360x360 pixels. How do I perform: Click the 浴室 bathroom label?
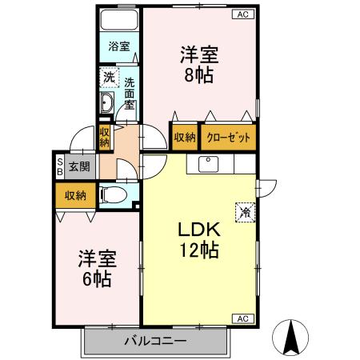coord(118,46)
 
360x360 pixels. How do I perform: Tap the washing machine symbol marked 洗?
coord(107,78)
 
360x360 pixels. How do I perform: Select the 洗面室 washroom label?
coord(129,95)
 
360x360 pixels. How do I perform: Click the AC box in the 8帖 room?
coord(243,14)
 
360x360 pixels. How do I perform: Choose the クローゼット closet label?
coord(229,138)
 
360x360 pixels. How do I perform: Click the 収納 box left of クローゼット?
coord(184,138)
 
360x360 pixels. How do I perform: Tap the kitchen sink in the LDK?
coord(209,164)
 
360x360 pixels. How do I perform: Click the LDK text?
coord(198,230)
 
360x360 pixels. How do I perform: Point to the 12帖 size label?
coord(198,250)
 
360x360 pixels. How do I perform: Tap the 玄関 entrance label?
coord(78,167)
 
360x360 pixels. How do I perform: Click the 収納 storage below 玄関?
coord(76,194)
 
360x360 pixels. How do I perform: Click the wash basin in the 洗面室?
coord(106,102)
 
